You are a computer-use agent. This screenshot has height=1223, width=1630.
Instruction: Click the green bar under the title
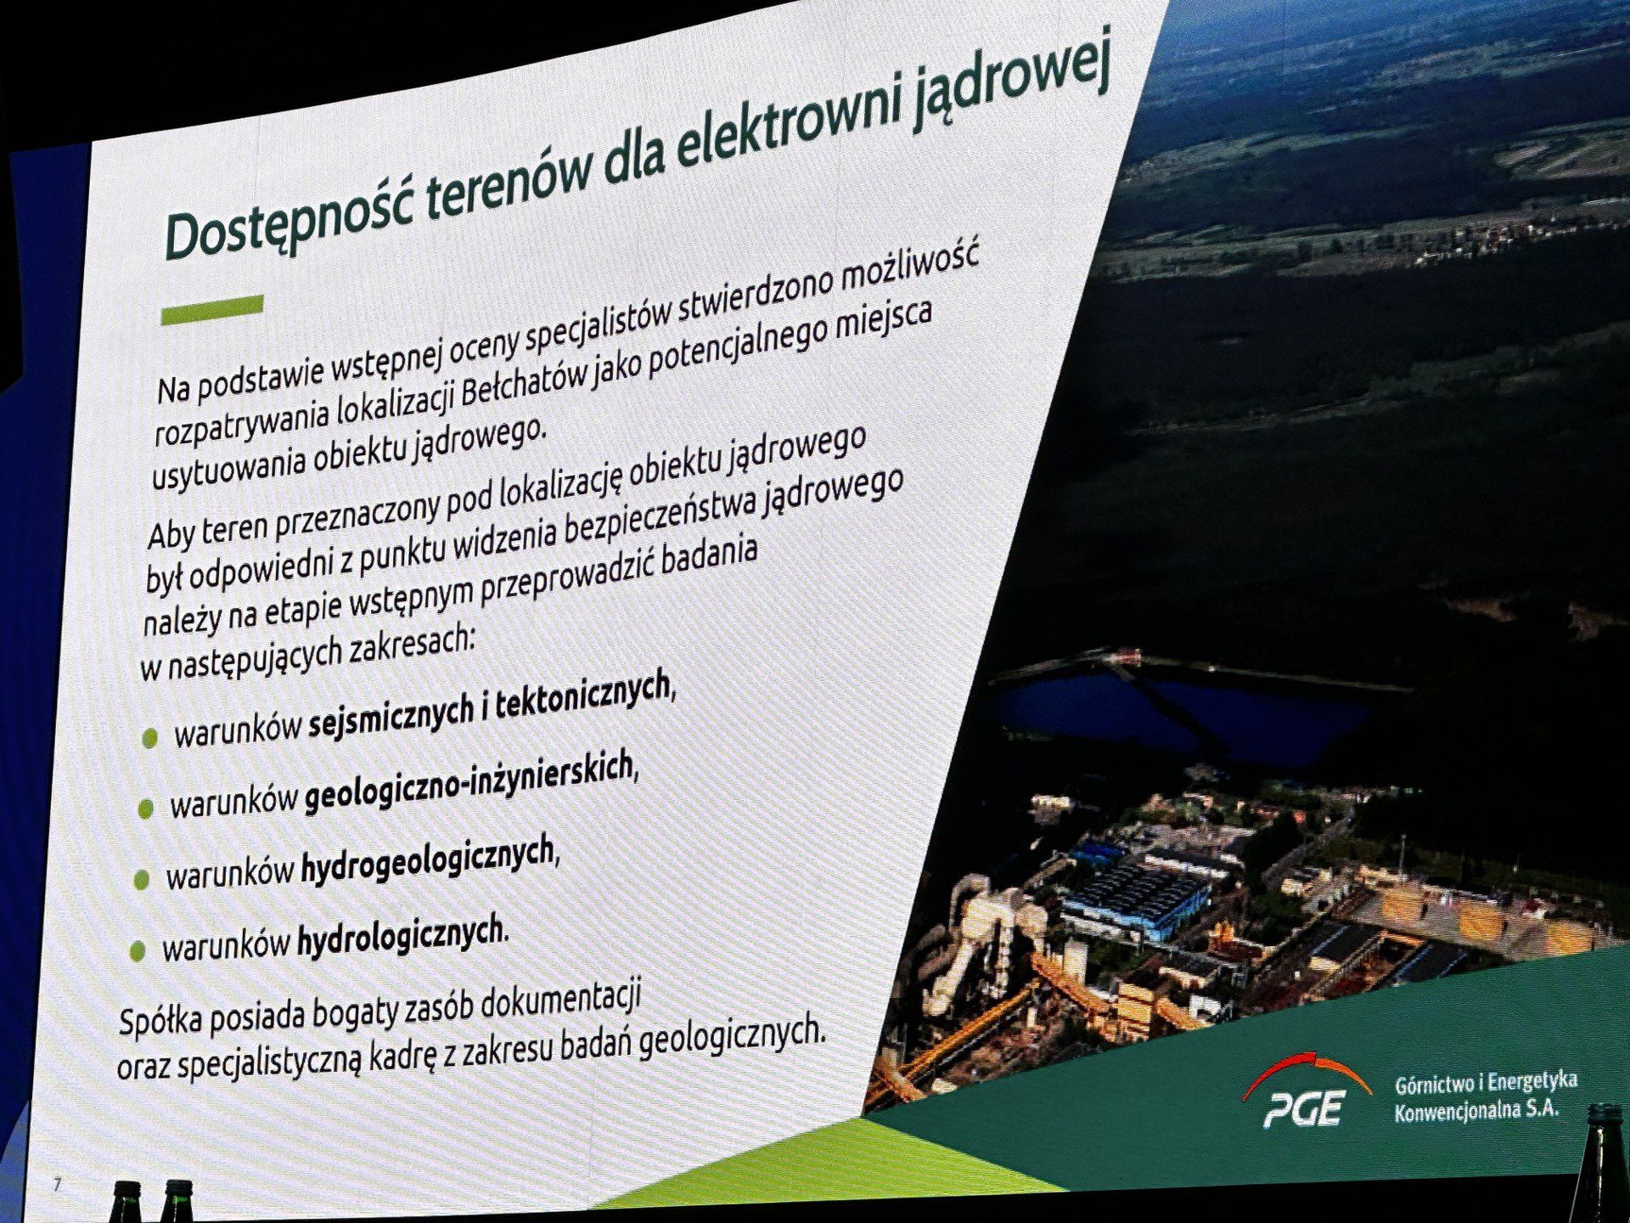click(212, 309)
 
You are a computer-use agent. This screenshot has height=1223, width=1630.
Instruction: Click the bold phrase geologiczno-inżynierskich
click(469, 782)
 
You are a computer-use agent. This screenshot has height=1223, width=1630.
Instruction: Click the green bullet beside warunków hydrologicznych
click(138, 951)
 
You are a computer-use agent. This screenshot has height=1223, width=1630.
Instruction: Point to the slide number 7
click(57, 1184)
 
